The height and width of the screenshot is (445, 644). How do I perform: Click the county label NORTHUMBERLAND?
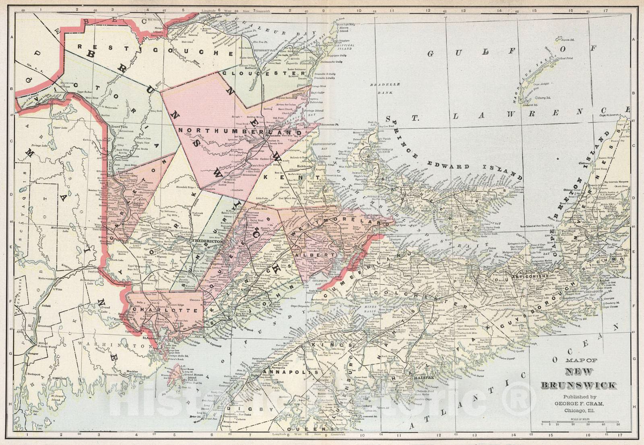[x=240, y=131]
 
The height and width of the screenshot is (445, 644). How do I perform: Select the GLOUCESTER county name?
[x=264, y=74]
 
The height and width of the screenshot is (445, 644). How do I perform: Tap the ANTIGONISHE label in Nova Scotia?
[x=530, y=276]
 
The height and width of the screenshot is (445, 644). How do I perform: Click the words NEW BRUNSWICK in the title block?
[x=578, y=379]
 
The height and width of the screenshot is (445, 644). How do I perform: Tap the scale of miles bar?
[x=580, y=422]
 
